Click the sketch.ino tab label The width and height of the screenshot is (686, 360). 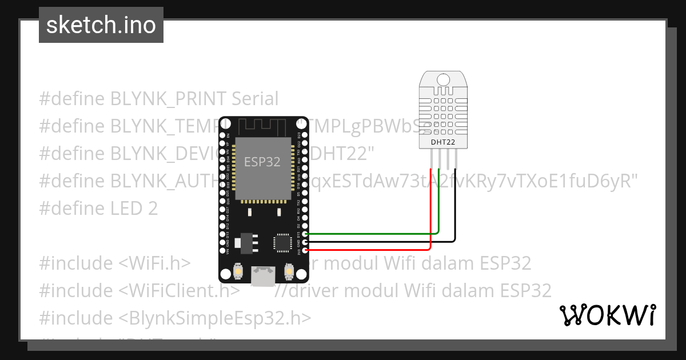click(101, 25)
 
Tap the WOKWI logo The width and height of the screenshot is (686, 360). click(607, 315)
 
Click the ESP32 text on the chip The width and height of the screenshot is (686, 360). click(262, 162)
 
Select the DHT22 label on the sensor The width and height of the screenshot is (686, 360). click(442, 141)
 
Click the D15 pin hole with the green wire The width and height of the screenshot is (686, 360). click(306, 234)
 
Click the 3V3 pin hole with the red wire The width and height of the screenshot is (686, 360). click(306, 250)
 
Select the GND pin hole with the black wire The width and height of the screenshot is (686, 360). click(306, 242)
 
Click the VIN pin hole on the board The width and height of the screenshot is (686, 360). click(222, 250)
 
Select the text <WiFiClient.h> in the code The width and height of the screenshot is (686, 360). click(180, 291)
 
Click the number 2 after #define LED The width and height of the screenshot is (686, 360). click(152, 209)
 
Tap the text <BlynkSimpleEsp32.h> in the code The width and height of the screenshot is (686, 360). click(216, 318)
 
